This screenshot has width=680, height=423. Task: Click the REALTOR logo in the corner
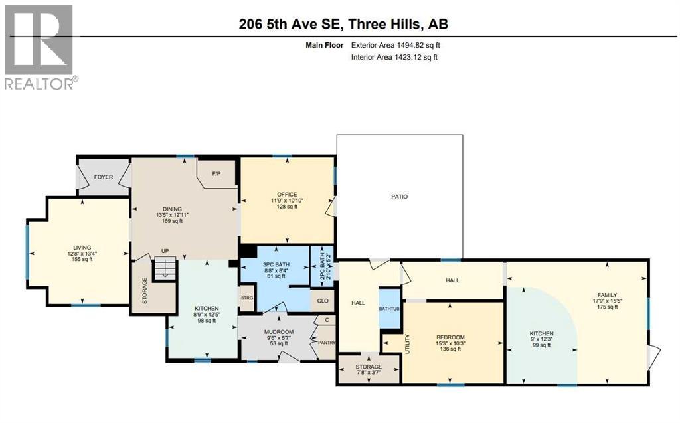(x=40, y=46)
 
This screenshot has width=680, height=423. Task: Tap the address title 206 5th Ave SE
(x=343, y=24)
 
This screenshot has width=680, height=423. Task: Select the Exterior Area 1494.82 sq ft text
(x=395, y=46)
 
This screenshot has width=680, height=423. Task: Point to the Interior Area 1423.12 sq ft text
(x=394, y=58)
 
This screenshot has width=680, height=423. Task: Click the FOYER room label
(x=103, y=177)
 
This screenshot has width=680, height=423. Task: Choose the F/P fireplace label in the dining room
(x=216, y=174)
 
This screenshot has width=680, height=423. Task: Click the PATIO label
(x=399, y=197)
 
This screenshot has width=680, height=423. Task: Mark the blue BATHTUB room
(x=390, y=309)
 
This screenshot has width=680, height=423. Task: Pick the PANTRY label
(x=327, y=343)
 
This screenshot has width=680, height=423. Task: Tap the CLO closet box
(x=322, y=301)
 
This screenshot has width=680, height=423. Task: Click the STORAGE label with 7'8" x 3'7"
(x=369, y=367)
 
